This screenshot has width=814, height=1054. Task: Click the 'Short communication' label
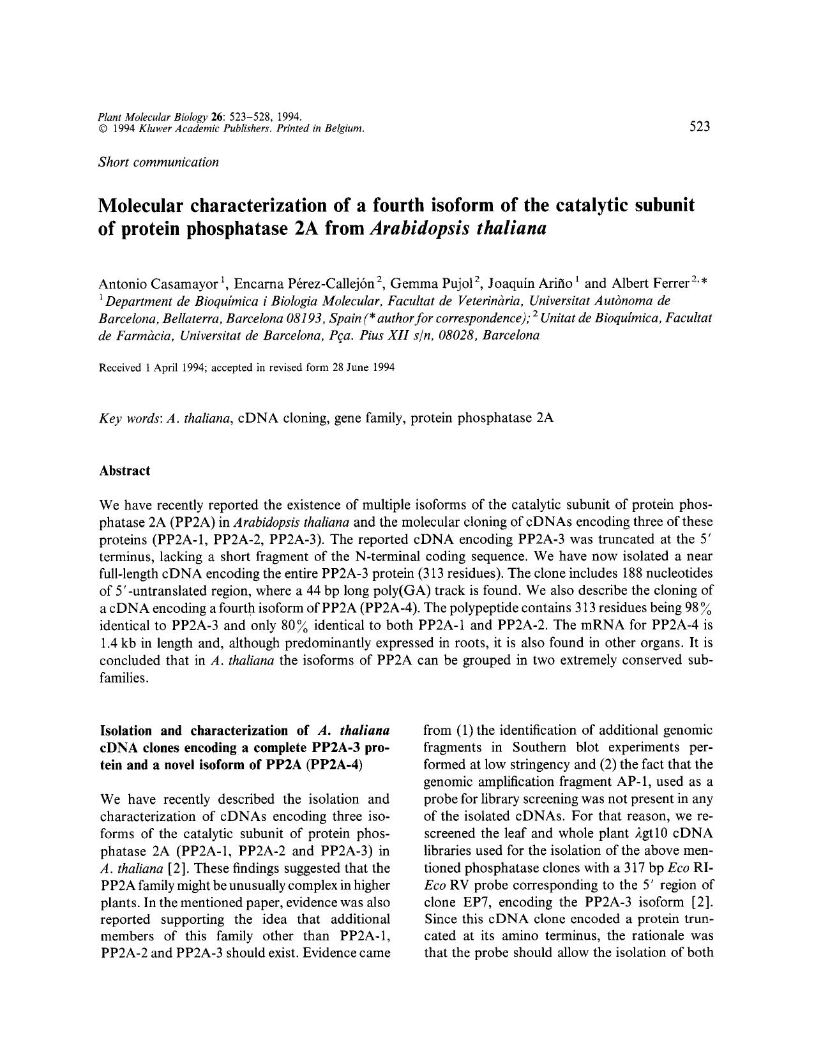159,162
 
